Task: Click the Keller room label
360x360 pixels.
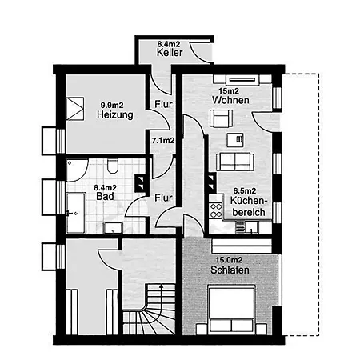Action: (170, 52)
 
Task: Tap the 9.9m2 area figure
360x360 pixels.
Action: (112, 105)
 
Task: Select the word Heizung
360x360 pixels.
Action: (115, 114)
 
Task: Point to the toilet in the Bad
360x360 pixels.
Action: (113, 166)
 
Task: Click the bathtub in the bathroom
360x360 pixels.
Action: (76, 213)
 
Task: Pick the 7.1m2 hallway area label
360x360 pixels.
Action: (163, 140)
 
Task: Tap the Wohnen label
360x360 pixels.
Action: (230, 100)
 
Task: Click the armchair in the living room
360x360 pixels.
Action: (221, 118)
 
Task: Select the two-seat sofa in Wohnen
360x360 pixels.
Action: (234, 162)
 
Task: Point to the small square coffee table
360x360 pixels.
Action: (235, 140)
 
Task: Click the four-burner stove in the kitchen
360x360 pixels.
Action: (215, 210)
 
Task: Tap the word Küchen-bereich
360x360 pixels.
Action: (249, 206)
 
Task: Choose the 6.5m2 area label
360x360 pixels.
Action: (245, 191)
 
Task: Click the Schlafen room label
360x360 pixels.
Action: (230, 270)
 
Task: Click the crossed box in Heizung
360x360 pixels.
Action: (75, 109)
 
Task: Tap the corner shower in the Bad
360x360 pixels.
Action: (77, 170)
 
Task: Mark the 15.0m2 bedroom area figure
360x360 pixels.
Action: (229, 260)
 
